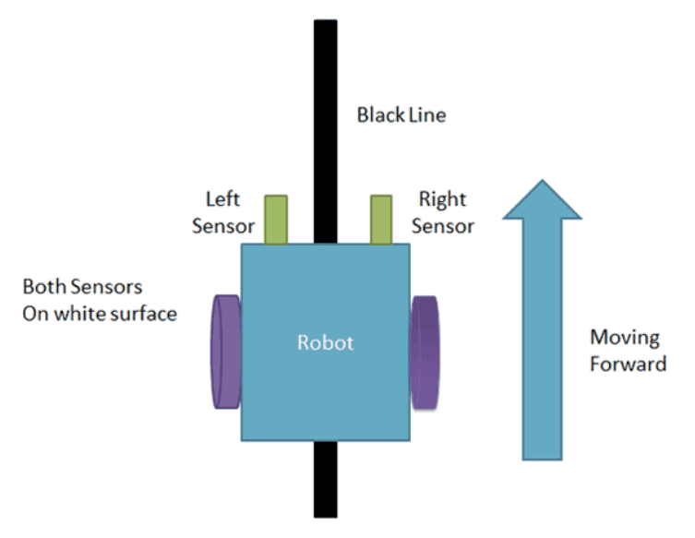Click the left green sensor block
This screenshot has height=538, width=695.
tap(276, 220)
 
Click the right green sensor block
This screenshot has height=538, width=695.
tap(382, 220)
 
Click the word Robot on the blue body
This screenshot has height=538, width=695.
tap(325, 342)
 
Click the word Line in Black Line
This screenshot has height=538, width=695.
tap(426, 115)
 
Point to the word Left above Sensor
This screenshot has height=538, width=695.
tap(222, 199)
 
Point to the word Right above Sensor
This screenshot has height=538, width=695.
tap(443, 199)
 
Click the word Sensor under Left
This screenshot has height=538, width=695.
tap(222, 226)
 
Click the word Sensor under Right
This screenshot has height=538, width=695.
tap(443, 226)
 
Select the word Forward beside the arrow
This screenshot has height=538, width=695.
tap(629, 364)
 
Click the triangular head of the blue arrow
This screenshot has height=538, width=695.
tap(542, 200)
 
